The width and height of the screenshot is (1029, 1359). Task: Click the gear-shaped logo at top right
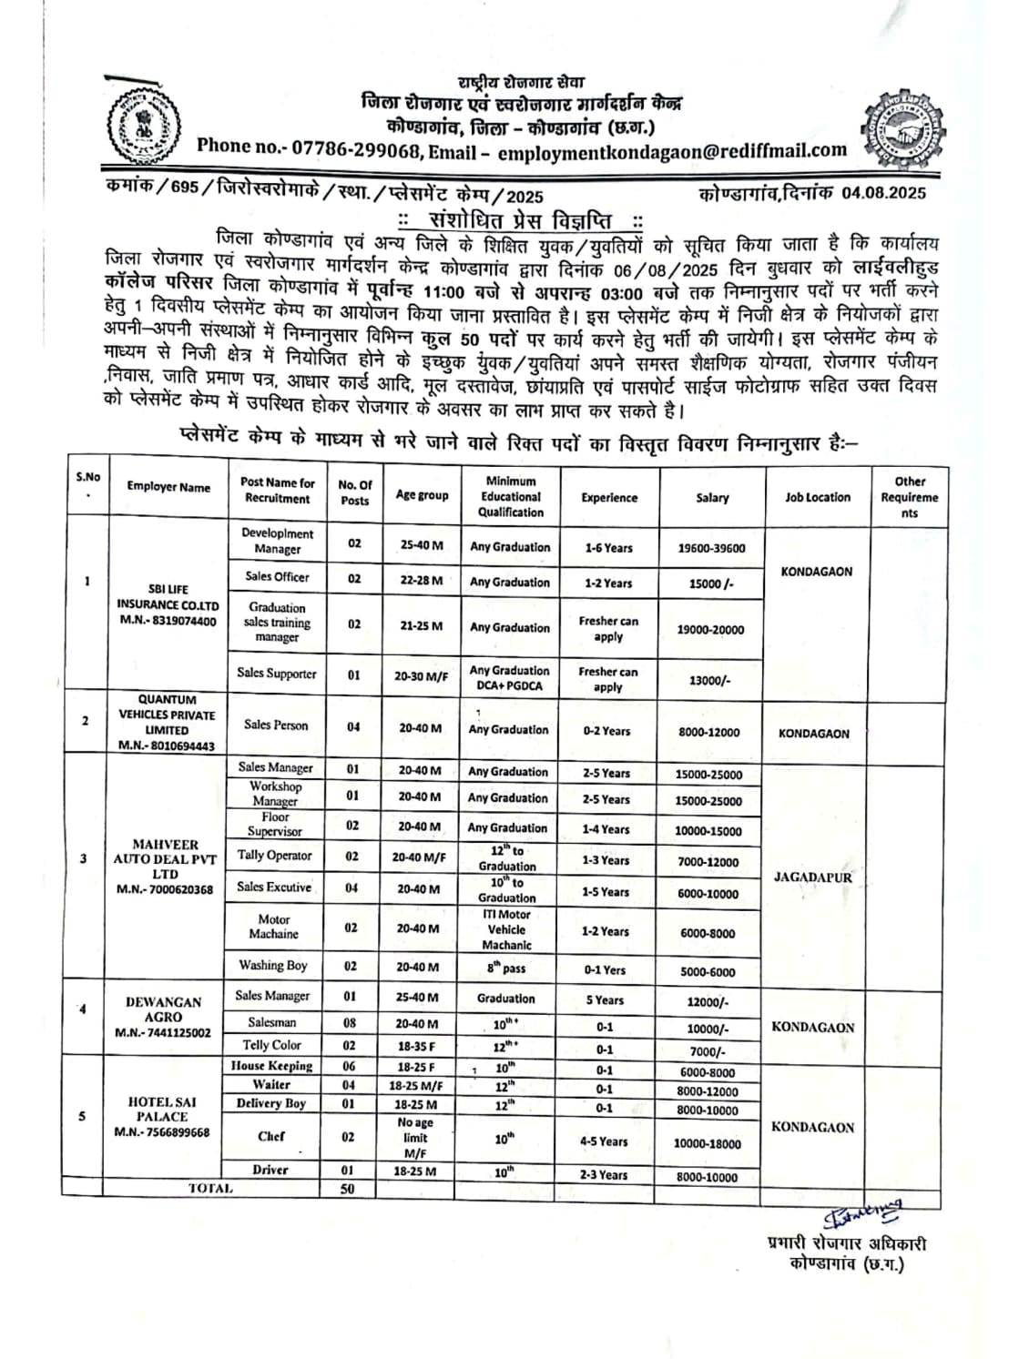coord(902,122)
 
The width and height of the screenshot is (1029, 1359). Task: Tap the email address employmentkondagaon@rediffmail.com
coord(672,150)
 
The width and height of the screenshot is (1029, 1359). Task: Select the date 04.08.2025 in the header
coord(883,192)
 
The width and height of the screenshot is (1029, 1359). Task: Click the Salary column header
coord(711,497)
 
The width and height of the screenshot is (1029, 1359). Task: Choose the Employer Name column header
coord(168,487)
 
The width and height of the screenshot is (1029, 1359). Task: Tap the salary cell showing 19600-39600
coord(711,548)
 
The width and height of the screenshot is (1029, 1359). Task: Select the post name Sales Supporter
coord(277,674)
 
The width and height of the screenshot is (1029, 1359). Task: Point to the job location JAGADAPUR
coord(813,877)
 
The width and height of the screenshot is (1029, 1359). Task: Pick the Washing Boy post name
coord(273,966)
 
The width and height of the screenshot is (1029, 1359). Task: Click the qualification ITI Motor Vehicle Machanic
coord(506,929)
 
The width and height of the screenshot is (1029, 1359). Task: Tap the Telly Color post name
coord(271,1045)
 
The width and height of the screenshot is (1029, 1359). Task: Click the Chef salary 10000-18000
coord(708,1143)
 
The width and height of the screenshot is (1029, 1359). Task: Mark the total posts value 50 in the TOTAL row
coord(347,1189)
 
